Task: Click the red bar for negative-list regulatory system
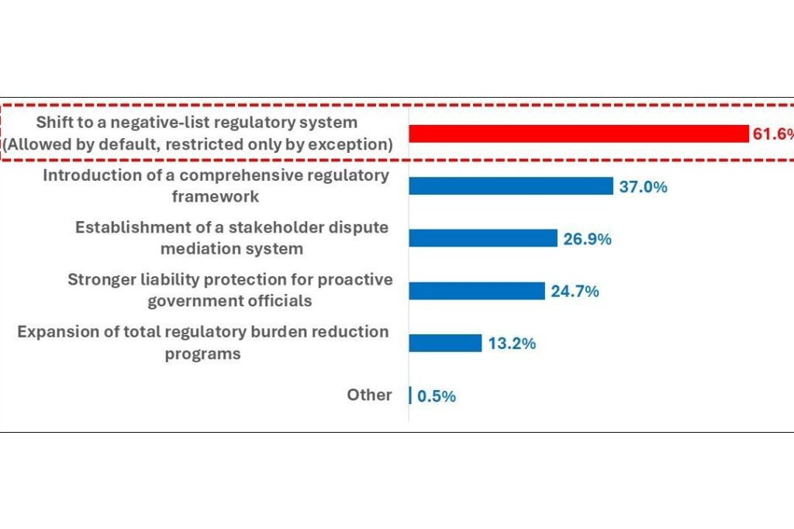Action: pos(578,133)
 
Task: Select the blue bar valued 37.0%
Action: pos(511,186)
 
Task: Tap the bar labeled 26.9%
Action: pos(483,238)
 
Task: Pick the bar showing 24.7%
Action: pos(477,291)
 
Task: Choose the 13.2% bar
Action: pos(445,343)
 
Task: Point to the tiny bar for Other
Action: pos(410,396)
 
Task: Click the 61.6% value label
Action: pos(773,133)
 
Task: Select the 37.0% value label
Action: pos(643,186)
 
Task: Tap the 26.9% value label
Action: pos(588,239)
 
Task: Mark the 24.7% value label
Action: pos(575,292)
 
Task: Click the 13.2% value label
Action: pos(512,344)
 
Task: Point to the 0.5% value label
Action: pos(437,396)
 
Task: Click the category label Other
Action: pos(369,395)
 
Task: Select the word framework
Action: pos(216,196)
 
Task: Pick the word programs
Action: pos(202,354)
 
